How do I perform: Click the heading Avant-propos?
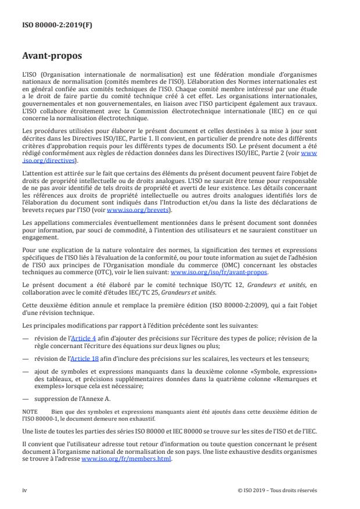pyautogui.click(x=51, y=57)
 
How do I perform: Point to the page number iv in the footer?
pyautogui.click(x=24, y=489)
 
